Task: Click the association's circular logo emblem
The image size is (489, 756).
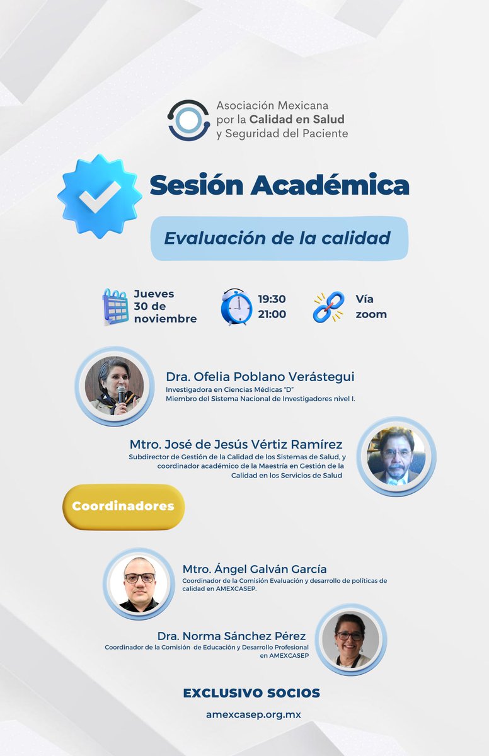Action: [188, 120]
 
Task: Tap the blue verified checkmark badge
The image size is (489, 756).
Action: [100, 196]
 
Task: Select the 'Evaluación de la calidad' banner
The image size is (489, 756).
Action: [279, 238]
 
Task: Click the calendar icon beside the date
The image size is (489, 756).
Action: [115, 307]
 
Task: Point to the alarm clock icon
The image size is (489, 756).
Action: [236, 307]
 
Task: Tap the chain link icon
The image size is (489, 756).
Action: [328, 307]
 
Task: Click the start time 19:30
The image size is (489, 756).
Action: [272, 299]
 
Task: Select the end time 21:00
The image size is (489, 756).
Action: [272, 314]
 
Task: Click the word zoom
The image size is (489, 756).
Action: [371, 314]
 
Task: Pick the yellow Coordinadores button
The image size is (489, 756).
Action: [123, 507]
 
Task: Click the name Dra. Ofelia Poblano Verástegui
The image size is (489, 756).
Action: [260, 377]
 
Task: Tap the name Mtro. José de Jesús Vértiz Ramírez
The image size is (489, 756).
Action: [236, 444]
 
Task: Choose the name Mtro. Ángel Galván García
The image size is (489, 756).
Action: [255, 569]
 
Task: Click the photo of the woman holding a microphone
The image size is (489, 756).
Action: [115, 386]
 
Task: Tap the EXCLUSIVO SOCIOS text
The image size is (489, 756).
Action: [251, 693]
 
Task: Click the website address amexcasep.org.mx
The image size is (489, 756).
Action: [253, 715]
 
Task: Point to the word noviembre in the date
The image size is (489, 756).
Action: [165, 319]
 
